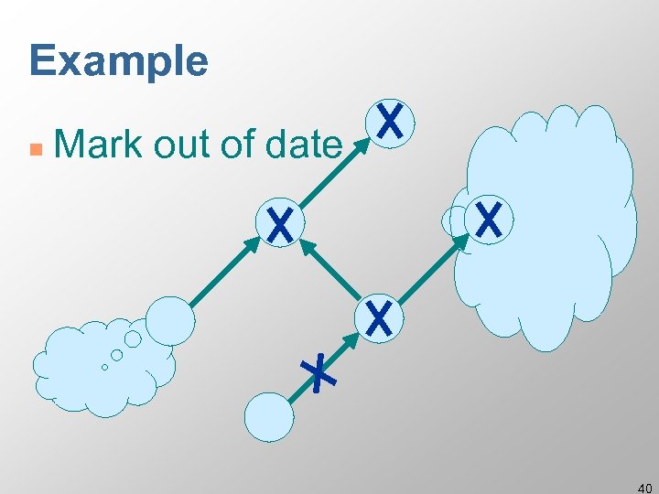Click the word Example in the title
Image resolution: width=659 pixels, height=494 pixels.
pyautogui.click(x=119, y=60)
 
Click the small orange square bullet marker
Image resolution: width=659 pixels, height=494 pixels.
pyautogui.click(x=34, y=146)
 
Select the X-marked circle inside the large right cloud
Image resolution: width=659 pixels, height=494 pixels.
pyautogui.click(x=489, y=220)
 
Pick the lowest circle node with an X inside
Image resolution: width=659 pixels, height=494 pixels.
pyautogui.click(x=378, y=317)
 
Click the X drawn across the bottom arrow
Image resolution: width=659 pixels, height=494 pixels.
pyautogui.click(x=319, y=373)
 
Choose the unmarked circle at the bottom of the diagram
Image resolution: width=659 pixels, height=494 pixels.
pyautogui.click(x=269, y=417)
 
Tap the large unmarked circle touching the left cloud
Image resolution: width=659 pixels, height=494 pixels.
pyautogui.click(x=170, y=320)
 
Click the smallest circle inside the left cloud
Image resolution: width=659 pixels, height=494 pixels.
pyautogui.click(x=104, y=367)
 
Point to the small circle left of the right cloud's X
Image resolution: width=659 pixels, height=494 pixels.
pyautogui.click(x=454, y=221)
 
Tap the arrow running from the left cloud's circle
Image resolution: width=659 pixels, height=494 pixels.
pyautogui.click(x=224, y=271)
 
